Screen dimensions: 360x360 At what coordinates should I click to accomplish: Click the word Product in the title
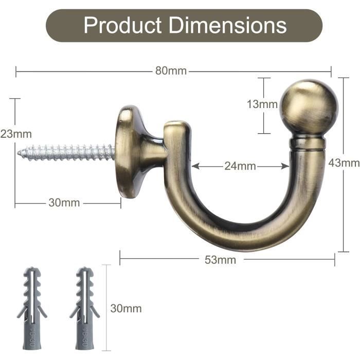[x=122, y=25]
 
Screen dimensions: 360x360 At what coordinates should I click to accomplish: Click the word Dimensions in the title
[x=228, y=25]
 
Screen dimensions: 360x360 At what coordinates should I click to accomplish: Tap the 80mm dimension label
[x=171, y=71]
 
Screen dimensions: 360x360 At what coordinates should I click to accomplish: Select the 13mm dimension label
[x=262, y=104]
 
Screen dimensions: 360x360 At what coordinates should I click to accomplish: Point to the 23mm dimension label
[x=16, y=134]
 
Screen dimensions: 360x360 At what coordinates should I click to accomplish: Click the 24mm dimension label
[x=240, y=166]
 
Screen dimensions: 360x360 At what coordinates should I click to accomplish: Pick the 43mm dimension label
[x=344, y=163]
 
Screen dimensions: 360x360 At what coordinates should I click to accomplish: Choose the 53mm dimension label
[x=220, y=260]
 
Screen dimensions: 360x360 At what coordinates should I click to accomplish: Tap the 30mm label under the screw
[x=64, y=203]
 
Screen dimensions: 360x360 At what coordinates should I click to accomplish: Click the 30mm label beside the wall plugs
[x=126, y=309]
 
